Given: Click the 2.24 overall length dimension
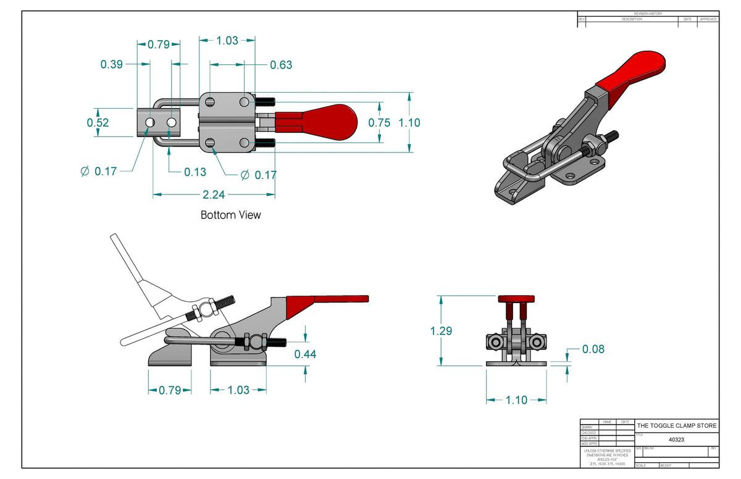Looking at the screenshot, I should [x=214, y=194].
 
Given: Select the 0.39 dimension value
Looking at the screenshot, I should [x=112, y=64].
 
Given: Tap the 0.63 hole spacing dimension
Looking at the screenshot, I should [x=281, y=65].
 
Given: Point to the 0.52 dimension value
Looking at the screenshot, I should [x=98, y=122].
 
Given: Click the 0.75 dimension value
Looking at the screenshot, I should [x=379, y=122].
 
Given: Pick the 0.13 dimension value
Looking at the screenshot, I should [x=195, y=172].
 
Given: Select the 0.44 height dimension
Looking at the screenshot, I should [x=306, y=354].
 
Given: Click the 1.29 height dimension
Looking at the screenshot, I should [x=441, y=331].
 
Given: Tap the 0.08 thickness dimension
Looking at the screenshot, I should [x=593, y=349].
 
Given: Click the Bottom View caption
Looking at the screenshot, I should [x=230, y=215].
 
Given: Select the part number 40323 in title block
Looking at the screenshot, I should [x=676, y=439].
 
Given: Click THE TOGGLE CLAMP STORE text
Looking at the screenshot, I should [x=677, y=426].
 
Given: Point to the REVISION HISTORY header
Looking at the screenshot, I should [x=648, y=14].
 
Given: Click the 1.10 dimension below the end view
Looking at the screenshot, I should [x=516, y=400].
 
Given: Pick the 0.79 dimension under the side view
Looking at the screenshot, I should [x=169, y=390].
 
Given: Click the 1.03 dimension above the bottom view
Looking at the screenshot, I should [x=227, y=41].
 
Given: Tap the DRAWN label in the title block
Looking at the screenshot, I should [x=587, y=427].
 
